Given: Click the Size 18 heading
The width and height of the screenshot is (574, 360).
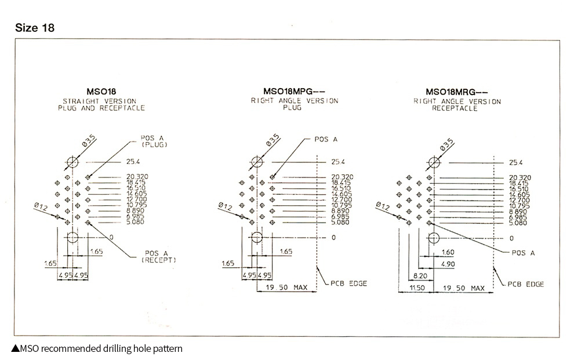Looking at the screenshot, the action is click(35, 28).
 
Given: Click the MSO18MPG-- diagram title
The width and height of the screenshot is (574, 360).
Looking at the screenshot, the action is click(294, 92).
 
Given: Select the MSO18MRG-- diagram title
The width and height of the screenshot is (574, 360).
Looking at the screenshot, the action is click(456, 92).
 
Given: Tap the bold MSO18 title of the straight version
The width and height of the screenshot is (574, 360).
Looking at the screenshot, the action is click(101, 92).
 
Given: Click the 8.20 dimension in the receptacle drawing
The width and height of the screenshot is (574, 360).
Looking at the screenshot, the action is click(420, 276).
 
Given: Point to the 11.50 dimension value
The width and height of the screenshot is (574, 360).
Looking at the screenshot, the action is click(417, 288).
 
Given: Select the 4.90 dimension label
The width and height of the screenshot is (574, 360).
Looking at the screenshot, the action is click(448, 264).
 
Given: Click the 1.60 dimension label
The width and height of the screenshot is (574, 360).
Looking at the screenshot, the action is click(448, 252).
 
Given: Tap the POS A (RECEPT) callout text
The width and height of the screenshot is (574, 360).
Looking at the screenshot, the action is click(159, 256).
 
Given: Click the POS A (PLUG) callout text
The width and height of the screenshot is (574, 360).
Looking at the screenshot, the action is click(154, 141).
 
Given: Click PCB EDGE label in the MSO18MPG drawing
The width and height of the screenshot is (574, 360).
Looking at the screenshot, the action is click(348, 283).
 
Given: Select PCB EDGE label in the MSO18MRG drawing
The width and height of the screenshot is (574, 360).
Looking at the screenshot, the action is click(526, 284).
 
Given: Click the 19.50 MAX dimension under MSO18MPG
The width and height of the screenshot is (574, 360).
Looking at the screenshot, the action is click(286, 288).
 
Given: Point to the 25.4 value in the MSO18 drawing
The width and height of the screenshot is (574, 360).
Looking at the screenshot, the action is click(133, 162).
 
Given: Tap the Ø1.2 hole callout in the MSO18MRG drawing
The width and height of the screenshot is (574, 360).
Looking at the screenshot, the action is click(383, 206).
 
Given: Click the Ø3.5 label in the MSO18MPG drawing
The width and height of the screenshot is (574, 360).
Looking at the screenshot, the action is click(273, 140).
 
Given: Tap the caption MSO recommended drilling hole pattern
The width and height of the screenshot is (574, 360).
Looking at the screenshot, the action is click(97, 348).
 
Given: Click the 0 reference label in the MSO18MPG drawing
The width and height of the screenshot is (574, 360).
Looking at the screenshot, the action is click(333, 238).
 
